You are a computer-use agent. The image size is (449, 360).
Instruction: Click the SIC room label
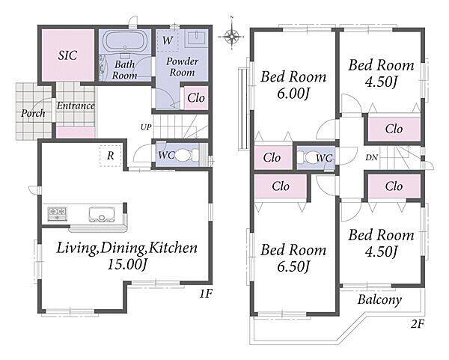(68, 55)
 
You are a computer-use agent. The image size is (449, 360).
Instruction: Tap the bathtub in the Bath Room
(125, 41)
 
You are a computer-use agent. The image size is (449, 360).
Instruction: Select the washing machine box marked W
(167, 40)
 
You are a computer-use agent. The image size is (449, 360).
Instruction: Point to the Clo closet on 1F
(196, 98)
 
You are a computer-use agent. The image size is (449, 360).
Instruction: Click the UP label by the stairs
(146, 127)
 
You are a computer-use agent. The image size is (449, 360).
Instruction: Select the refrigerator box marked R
(111, 156)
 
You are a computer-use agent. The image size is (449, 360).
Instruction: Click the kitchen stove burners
(58, 213)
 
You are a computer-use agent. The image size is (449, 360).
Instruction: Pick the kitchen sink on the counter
(101, 215)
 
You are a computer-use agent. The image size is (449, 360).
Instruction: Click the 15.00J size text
(126, 264)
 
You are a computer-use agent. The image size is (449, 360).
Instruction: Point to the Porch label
(33, 114)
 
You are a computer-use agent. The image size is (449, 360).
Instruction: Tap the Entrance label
(76, 106)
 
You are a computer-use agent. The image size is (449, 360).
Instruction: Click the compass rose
(232, 36)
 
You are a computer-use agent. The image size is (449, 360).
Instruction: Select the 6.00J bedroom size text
(293, 94)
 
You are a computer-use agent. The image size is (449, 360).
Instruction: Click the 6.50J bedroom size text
(293, 266)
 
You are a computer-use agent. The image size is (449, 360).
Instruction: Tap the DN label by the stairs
(371, 157)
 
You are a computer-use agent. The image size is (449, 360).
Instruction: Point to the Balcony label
(379, 300)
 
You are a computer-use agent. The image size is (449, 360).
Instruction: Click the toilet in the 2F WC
(305, 157)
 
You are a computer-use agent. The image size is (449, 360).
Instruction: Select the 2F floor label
(417, 324)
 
